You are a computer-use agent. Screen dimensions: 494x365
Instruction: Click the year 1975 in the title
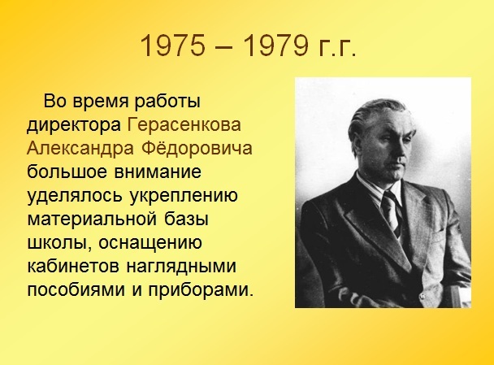click(172, 45)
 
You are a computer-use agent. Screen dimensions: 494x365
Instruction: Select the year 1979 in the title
click(276, 45)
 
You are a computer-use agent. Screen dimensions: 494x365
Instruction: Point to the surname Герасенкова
click(184, 125)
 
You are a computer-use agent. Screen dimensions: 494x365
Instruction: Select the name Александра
click(80, 149)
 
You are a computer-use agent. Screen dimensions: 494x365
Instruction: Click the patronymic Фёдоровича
click(197, 147)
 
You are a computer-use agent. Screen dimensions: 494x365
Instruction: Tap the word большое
click(67, 172)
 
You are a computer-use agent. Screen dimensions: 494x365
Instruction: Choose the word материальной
click(92, 219)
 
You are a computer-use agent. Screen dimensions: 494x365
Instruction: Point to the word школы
click(59, 244)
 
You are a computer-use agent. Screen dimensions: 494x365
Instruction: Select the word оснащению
click(150, 244)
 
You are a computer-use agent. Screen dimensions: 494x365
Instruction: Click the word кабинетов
click(73, 267)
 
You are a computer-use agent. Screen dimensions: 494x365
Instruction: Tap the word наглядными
click(181, 267)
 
